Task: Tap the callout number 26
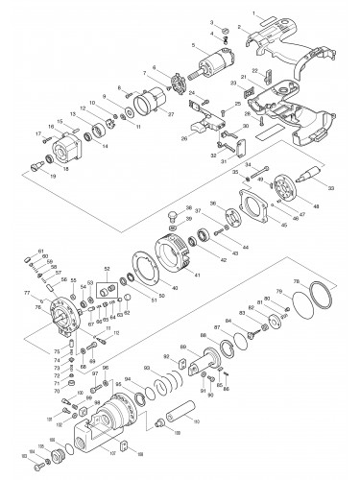(181, 137)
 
